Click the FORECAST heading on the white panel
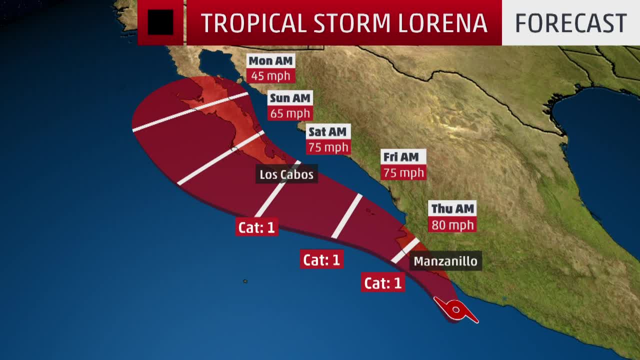point(570,23)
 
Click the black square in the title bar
point(160,22)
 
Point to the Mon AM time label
point(270,61)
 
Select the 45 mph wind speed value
point(270,76)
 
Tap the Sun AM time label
point(290,98)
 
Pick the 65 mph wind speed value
point(290,113)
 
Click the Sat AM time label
point(327,132)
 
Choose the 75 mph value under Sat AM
point(328,147)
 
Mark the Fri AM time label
point(401,157)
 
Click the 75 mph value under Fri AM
point(403,172)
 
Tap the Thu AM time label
point(452,209)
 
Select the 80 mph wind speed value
point(452,225)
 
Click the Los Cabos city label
point(286,174)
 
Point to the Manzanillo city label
point(445,261)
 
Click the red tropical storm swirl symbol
point(455,310)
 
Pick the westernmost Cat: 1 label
point(256,227)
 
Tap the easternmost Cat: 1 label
point(383,283)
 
